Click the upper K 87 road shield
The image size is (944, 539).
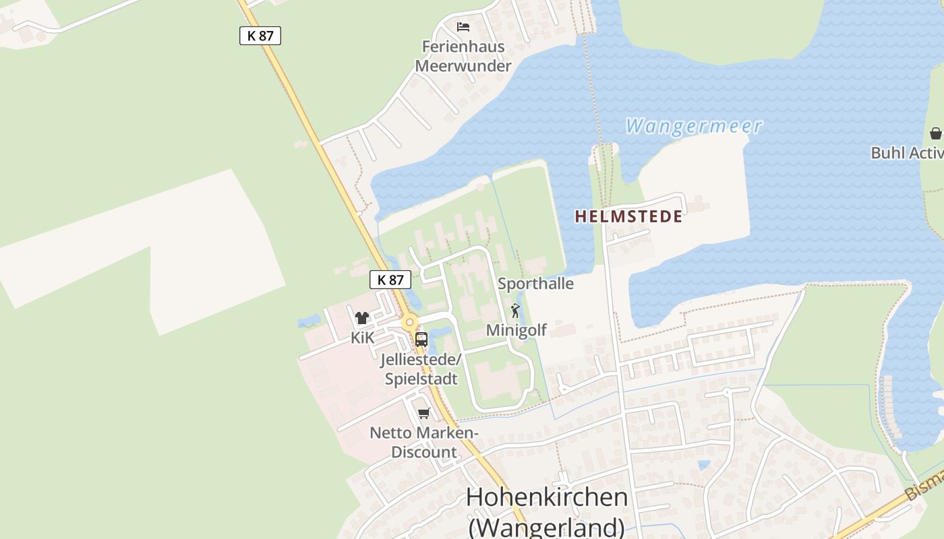click(x=260, y=36)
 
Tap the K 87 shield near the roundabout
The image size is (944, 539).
click(x=390, y=280)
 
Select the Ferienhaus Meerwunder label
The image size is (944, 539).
click(x=463, y=57)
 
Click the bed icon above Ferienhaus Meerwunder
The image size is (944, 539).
click(x=463, y=27)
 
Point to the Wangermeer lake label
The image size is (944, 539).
click(x=693, y=126)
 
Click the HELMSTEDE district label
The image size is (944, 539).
click(x=628, y=217)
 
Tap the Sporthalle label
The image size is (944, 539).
click(x=535, y=284)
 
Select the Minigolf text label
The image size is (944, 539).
click(x=516, y=330)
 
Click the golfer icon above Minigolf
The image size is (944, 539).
click(x=516, y=311)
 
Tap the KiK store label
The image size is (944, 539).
click(x=362, y=338)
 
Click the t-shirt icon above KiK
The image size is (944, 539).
click(x=362, y=318)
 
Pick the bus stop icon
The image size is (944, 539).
click(x=421, y=339)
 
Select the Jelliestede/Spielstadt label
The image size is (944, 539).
click(x=421, y=369)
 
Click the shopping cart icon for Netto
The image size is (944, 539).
click(x=423, y=413)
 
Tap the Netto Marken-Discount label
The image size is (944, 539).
click(x=424, y=442)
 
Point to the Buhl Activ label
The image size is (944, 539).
click(x=907, y=153)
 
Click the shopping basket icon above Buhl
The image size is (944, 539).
click(x=935, y=133)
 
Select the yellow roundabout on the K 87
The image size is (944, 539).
click(x=409, y=323)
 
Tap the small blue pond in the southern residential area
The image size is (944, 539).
click(x=704, y=465)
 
